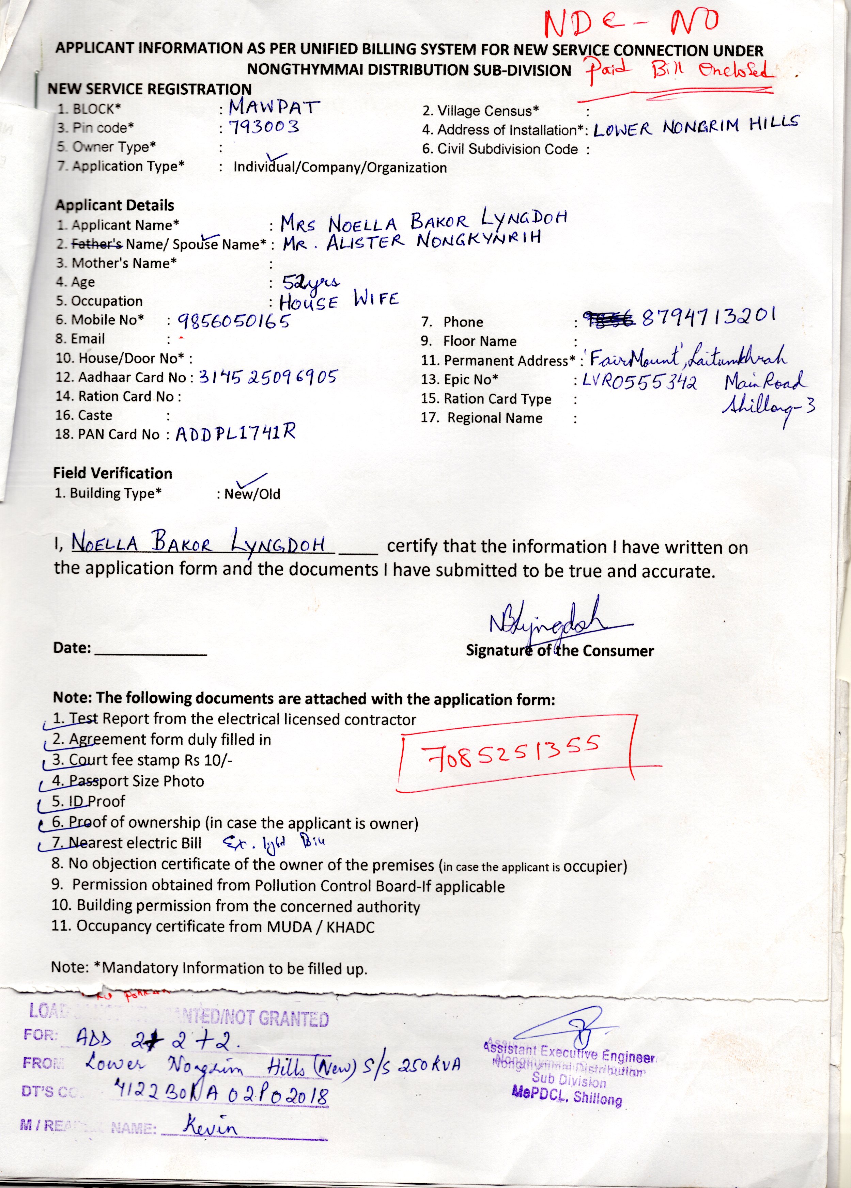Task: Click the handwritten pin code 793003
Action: click(264, 127)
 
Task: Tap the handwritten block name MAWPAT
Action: click(274, 107)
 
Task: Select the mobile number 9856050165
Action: click(234, 320)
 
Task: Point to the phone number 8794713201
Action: click(708, 316)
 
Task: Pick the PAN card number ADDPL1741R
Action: click(235, 433)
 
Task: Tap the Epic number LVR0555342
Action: click(639, 381)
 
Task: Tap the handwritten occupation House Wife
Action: click(339, 300)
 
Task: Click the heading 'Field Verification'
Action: click(113, 473)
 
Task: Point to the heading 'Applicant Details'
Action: click(115, 205)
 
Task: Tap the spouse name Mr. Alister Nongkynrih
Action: click(411, 241)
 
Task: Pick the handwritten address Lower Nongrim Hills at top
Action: click(696, 127)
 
